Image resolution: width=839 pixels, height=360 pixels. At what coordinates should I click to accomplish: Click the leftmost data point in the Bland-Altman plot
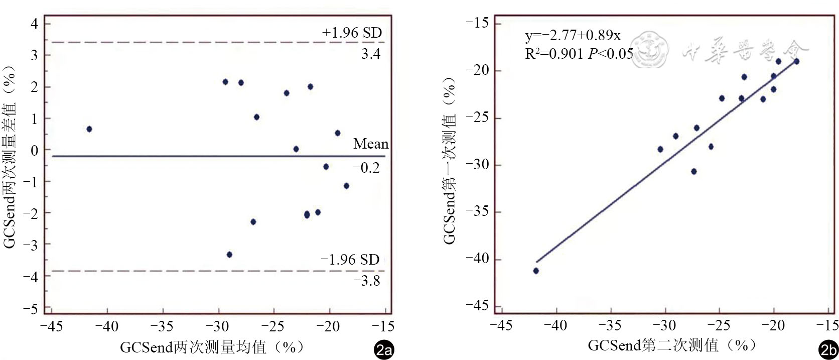[89, 129]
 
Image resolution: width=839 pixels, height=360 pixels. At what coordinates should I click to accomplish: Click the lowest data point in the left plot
[229, 255]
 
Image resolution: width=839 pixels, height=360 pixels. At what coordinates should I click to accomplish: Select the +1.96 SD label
[352, 33]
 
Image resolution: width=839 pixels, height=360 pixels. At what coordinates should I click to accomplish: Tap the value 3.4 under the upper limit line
[371, 54]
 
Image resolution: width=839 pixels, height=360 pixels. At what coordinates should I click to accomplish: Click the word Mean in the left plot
[370, 144]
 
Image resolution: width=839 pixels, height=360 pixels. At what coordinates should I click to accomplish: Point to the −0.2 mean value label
[367, 168]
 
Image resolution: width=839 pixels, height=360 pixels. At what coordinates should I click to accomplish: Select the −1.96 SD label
[350, 260]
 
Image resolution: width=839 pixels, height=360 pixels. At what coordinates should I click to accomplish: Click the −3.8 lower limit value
[367, 281]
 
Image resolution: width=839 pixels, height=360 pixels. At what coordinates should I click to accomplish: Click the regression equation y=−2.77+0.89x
[573, 36]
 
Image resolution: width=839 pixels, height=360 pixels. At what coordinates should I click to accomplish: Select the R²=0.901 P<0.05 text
[579, 53]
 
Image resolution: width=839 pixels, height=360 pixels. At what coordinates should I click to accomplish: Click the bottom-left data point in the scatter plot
[536, 271]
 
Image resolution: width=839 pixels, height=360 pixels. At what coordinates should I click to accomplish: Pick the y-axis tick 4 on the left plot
[34, 24]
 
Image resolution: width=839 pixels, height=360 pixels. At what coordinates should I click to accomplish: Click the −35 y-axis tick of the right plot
[477, 212]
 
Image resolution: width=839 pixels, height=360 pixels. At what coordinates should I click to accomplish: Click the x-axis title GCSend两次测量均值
[211, 347]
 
